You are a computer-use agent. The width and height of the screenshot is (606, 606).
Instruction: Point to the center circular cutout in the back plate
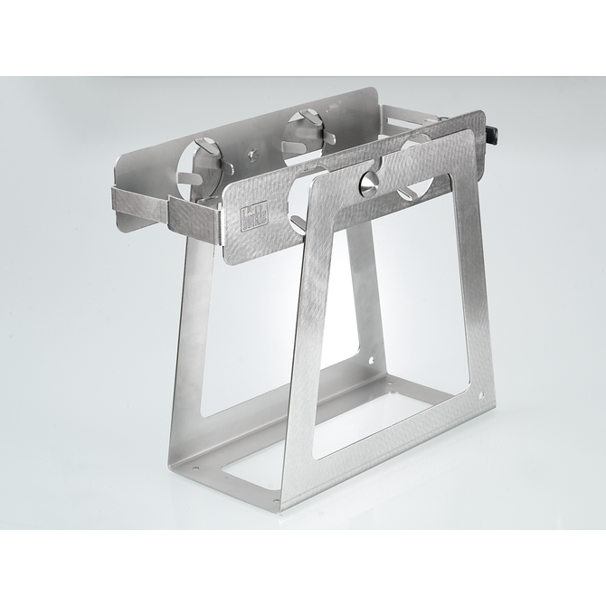pyautogui.click(x=302, y=132)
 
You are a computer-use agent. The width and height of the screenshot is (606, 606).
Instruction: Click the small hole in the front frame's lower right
pyautogui.click(x=480, y=395)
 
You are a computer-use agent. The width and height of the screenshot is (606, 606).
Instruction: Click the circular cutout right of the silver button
pyautogui.click(x=415, y=168)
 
